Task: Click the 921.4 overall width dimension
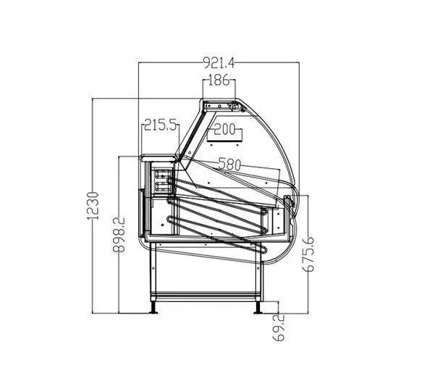[219, 62]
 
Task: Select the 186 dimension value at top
[219, 80]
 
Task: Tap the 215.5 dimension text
[161, 125]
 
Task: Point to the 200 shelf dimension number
[224, 129]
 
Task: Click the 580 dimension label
[229, 164]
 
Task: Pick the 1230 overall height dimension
[93, 206]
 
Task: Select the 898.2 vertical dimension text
[119, 234]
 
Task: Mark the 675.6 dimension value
[308, 254]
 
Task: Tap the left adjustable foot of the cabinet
[153, 307]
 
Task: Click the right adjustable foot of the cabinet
[258, 307]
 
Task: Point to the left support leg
[153, 271]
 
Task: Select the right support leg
[259, 272]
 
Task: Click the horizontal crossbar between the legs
[206, 296]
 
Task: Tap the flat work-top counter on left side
[159, 158]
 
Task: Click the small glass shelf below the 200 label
[224, 141]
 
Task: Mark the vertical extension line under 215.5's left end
[142, 139]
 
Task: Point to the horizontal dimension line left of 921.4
[170, 62]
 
